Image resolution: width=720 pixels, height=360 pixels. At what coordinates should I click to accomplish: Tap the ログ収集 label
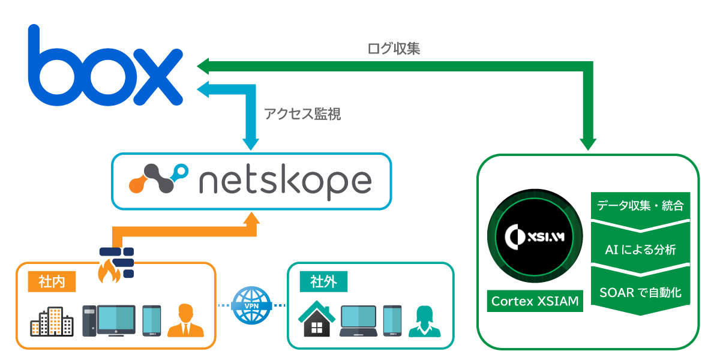point(394,49)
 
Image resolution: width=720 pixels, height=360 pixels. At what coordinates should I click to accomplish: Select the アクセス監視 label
point(302,114)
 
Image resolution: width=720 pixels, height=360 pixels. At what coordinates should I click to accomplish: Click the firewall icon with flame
point(116,264)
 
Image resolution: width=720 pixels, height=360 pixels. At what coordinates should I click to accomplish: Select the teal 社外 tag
point(323,281)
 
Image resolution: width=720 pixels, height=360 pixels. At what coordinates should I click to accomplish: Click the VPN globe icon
point(251,305)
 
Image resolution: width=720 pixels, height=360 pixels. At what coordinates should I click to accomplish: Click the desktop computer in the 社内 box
point(108,320)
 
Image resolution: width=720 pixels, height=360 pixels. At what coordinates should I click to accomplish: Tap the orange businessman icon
point(185,320)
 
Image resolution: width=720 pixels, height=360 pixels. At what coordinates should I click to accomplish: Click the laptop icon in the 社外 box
point(358,321)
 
